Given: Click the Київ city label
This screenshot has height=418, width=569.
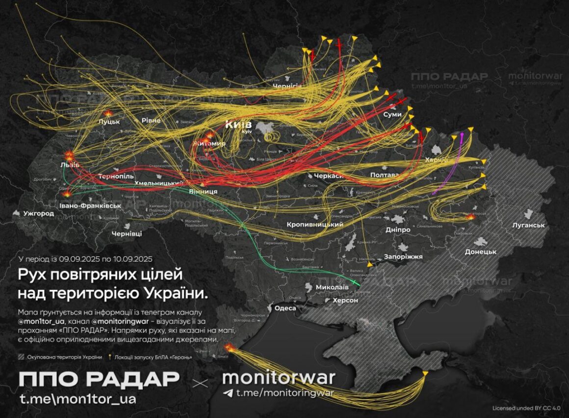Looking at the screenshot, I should click(x=238, y=124).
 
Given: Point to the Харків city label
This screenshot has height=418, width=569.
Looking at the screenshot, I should click(x=437, y=160).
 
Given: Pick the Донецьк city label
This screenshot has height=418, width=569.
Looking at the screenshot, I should click(x=481, y=251).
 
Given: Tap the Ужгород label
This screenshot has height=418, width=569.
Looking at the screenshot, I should click(x=38, y=214).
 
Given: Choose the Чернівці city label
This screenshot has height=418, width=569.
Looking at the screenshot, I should click(x=127, y=234).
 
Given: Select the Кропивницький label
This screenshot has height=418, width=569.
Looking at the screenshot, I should click(x=314, y=224).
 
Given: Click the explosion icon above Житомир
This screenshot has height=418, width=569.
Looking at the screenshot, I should click(x=210, y=135).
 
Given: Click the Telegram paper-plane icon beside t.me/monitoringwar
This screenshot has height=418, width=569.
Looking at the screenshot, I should click(x=228, y=392).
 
